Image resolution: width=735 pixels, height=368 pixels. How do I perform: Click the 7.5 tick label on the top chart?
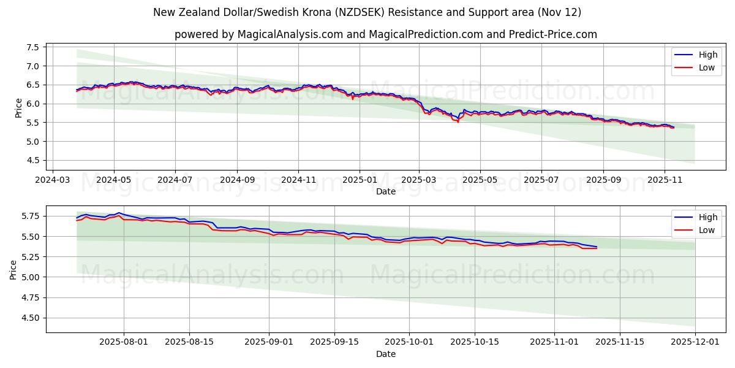(33, 47)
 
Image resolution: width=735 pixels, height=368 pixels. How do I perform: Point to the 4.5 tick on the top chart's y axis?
(33, 160)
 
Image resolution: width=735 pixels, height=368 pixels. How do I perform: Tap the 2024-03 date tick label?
(52, 180)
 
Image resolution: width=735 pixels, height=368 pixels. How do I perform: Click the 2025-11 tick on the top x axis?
(665, 180)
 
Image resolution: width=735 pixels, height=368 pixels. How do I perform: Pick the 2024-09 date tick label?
(236, 180)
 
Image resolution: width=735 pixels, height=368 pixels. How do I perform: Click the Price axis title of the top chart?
(18, 107)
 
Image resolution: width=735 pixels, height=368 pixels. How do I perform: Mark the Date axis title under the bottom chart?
(386, 354)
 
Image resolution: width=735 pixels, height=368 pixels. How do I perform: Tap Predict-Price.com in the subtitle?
(553, 34)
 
